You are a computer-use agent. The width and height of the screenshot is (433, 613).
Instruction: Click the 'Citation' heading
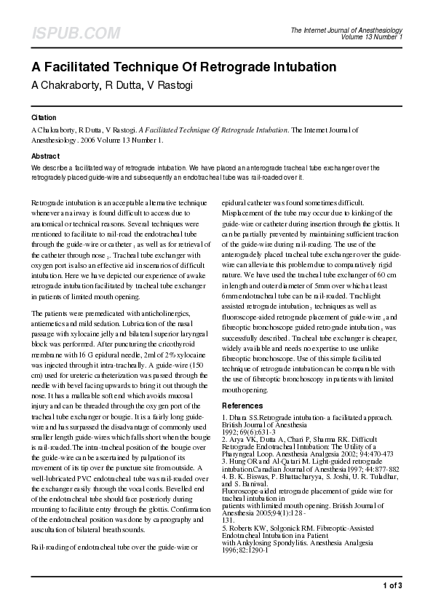click(44, 117)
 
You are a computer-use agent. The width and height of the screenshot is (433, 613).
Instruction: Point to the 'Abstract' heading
click(45, 157)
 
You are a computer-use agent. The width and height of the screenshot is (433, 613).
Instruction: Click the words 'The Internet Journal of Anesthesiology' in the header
click(346, 30)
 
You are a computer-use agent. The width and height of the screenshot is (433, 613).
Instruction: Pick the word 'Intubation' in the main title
click(303, 68)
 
